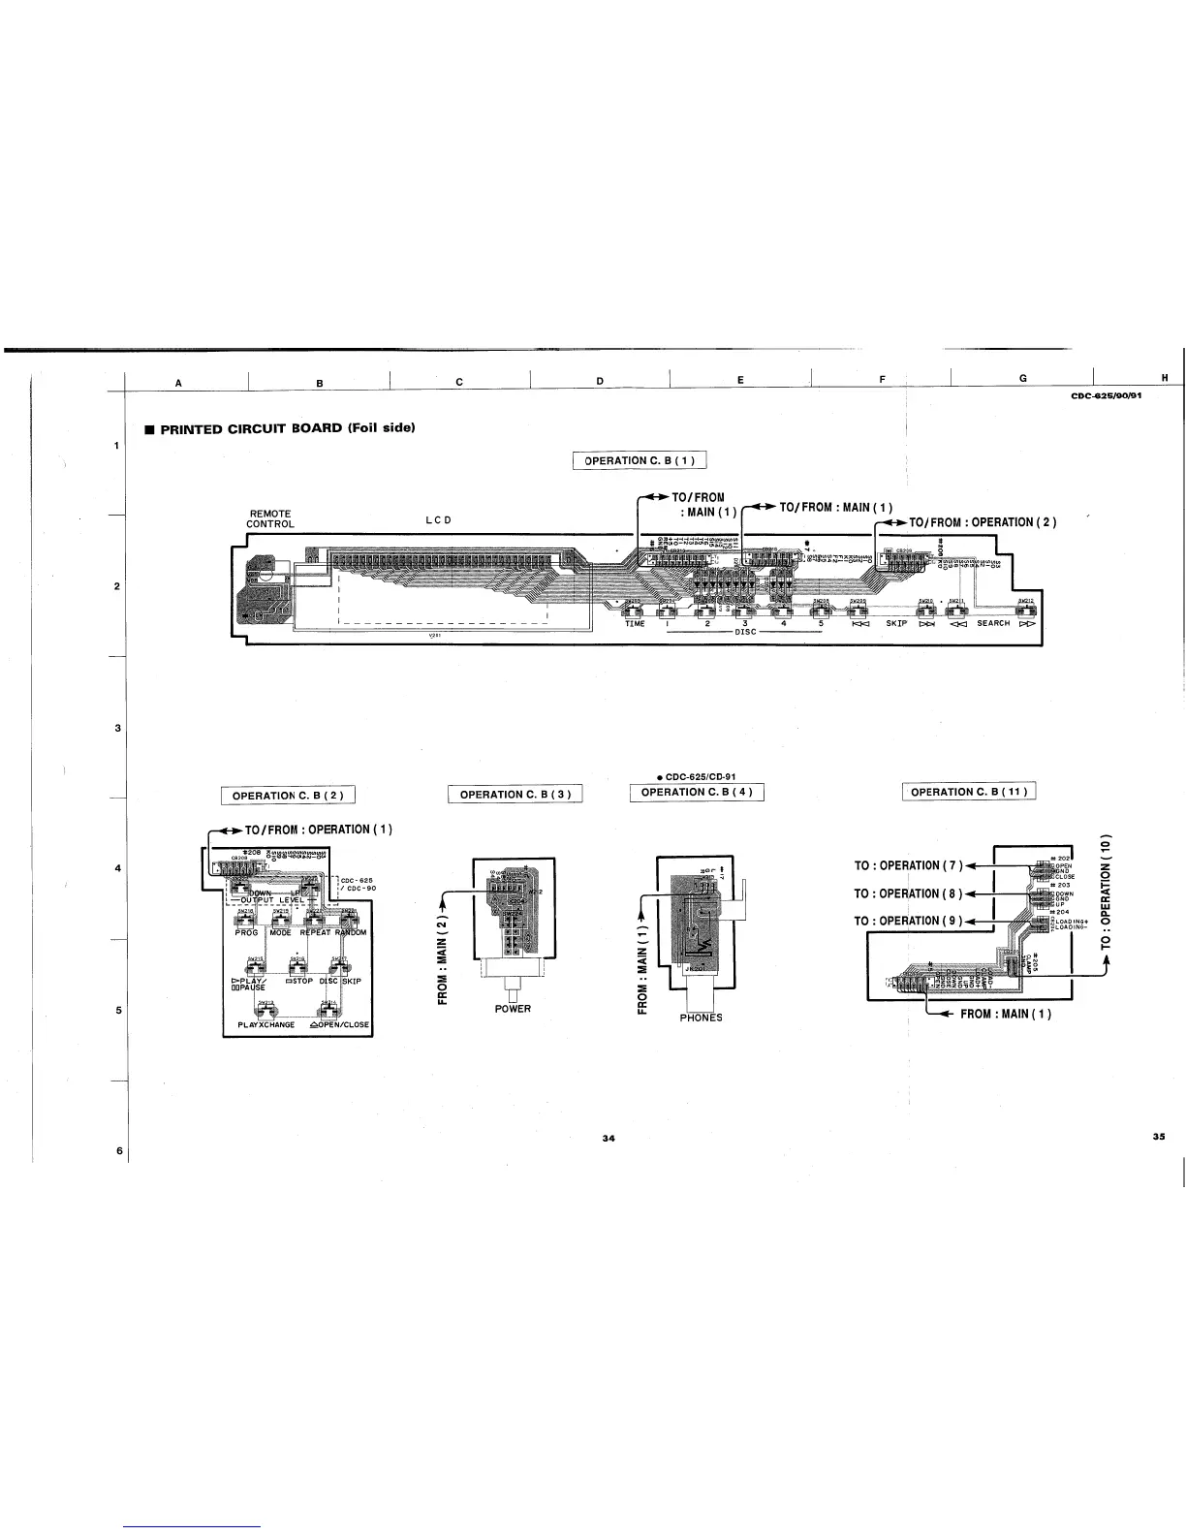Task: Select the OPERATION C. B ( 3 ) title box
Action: click(x=515, y=795)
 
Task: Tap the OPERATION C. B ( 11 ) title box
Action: click(x=969, y=793)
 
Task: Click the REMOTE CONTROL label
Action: click(x=269, y=518)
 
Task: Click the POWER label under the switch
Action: click(x=513, y=1009)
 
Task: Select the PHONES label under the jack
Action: click(x=701, y=1018)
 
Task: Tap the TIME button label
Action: click(x=635, y=624)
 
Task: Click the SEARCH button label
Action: click(x=993, y=623)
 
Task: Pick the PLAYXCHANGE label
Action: click(x=265, y=1024)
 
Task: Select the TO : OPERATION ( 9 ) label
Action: click(x=907, y=921)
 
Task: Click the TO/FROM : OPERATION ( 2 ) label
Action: click(x=982, y=522)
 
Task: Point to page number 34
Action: click(x=608, y=1138)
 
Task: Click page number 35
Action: click(x=1158, y=1137)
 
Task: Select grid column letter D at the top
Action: click(x=600, y=380)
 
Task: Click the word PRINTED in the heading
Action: click(x=191, y=428)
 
